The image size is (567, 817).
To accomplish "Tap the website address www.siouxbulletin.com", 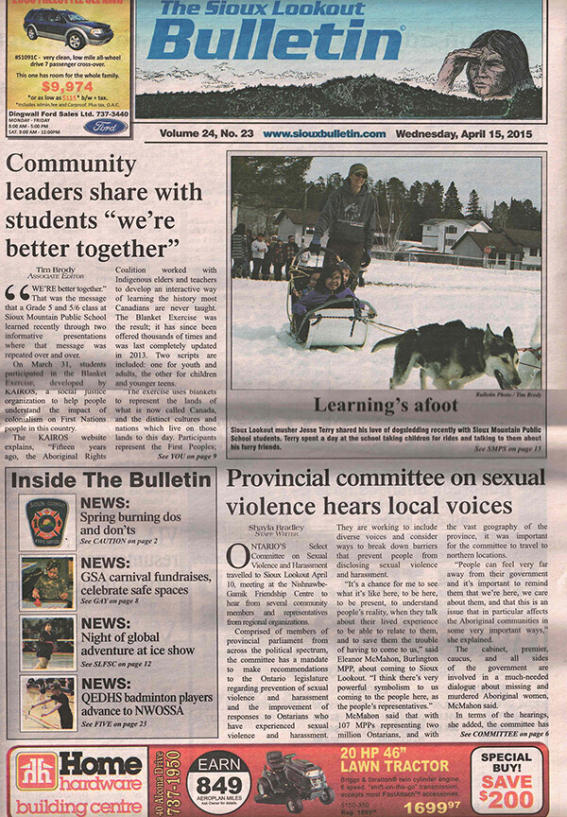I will (x=323, y=134).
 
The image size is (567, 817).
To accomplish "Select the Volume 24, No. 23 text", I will (x=201, y=134).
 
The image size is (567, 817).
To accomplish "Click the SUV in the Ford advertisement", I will (x=68, y=31).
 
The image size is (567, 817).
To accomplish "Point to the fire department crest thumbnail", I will (x=47, y=523).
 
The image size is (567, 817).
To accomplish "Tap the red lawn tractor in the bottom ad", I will (x=293, y=780).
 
